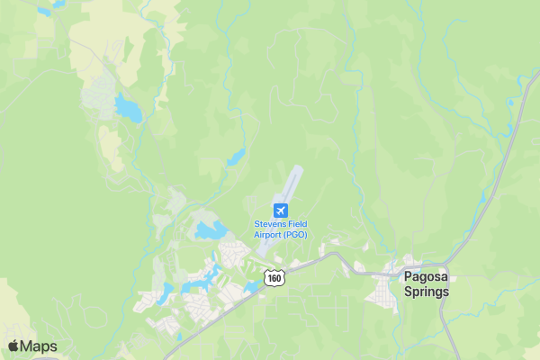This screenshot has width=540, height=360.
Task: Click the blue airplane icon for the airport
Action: tap(280, 209)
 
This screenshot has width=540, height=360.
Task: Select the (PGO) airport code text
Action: tap(293, 234)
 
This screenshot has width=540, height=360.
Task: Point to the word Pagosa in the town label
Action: tap(425, 277)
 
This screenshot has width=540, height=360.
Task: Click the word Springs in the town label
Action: tap(426, 292)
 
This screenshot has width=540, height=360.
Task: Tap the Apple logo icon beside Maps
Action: tap(13, 346)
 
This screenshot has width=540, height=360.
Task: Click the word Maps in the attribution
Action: tap(39, 346)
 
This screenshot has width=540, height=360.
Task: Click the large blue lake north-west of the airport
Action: tap(129, 110)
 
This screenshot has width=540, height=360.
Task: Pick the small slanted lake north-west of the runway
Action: tap(236, 158)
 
